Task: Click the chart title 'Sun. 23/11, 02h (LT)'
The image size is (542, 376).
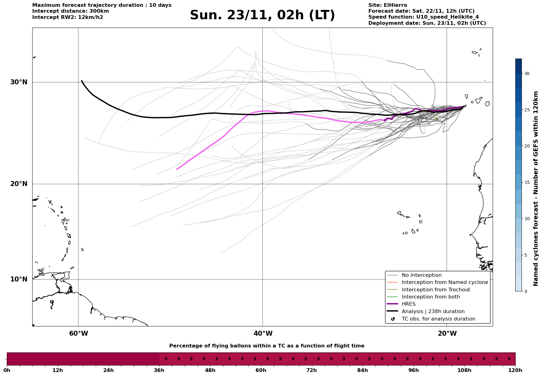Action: tap(262, 15)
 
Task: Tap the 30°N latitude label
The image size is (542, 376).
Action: tap(19, 82)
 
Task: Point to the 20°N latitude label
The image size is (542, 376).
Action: tap(19, 184)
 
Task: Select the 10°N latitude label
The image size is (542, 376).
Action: tap(19, 279)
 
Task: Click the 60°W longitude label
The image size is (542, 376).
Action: tap(78, 334)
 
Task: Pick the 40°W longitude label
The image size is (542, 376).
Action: tap(263, 334)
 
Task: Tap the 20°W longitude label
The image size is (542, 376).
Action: tap(447, 334)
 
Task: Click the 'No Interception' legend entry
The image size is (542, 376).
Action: tap(421, 275)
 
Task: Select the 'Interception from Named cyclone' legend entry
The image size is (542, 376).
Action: tap(445, 282)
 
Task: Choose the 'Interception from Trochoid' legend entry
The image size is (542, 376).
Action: tap(435, 290)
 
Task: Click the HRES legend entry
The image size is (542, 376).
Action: tap(408, 304)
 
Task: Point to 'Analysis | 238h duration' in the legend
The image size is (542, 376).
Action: tap(433, 312)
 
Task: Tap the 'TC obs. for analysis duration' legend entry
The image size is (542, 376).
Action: tap(438, 319)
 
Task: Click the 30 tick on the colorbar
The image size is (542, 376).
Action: tap(527, 73)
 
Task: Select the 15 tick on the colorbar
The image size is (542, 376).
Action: tap(527, 182)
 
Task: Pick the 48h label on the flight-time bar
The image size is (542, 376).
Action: tap(210, 370)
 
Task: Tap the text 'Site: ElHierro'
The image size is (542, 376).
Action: tap(388, 5)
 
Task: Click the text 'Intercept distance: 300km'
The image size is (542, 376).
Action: tap(70, 11)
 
